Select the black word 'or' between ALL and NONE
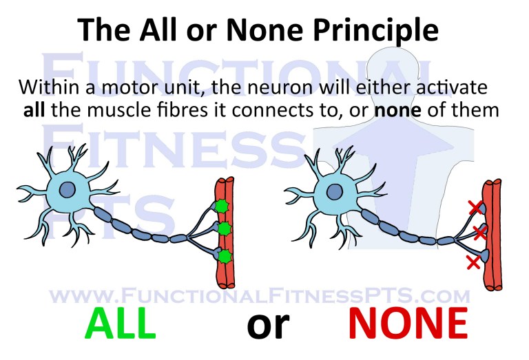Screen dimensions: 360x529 pos(269,325)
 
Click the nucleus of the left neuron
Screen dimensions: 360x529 pos(68,190)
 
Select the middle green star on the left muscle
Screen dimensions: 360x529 pos(222,229)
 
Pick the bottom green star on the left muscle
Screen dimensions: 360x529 pos(222,256)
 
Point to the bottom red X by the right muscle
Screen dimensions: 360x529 pos(473,262)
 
